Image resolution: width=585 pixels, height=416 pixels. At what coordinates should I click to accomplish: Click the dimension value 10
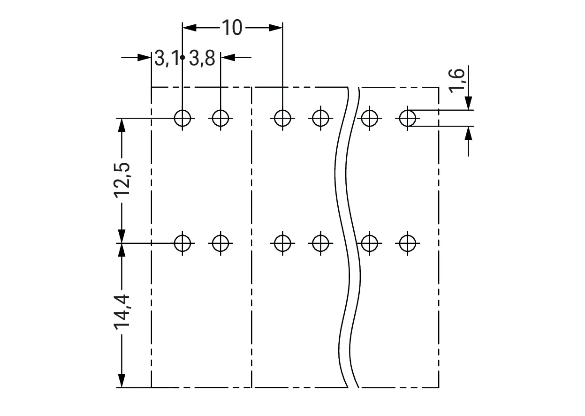(232, 27)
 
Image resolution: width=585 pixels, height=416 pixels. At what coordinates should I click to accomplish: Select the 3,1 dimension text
(167, 58)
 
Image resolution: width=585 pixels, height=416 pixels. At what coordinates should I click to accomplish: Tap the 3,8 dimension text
(202, 58)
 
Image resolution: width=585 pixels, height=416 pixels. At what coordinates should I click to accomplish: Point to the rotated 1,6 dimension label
(457, 81)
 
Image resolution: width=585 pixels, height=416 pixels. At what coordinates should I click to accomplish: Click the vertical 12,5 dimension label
(122, 180)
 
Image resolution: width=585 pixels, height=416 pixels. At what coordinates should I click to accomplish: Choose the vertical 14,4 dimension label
(122, 312)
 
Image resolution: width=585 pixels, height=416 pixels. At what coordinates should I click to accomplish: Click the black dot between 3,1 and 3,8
(182, 57)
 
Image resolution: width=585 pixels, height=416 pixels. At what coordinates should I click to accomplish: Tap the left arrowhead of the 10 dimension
(190, 28)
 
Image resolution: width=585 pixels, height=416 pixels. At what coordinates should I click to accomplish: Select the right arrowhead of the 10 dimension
(275, 28)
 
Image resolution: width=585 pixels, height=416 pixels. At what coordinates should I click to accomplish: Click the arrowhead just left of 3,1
(144, 57)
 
